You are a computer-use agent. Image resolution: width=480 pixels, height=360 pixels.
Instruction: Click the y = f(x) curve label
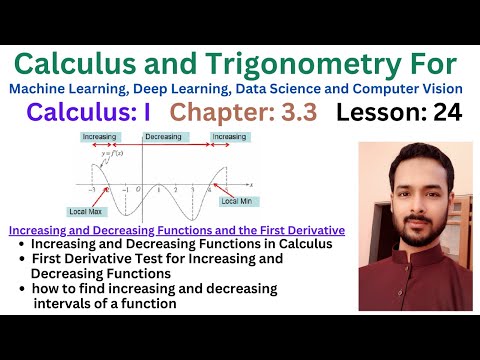pos(113,151)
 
